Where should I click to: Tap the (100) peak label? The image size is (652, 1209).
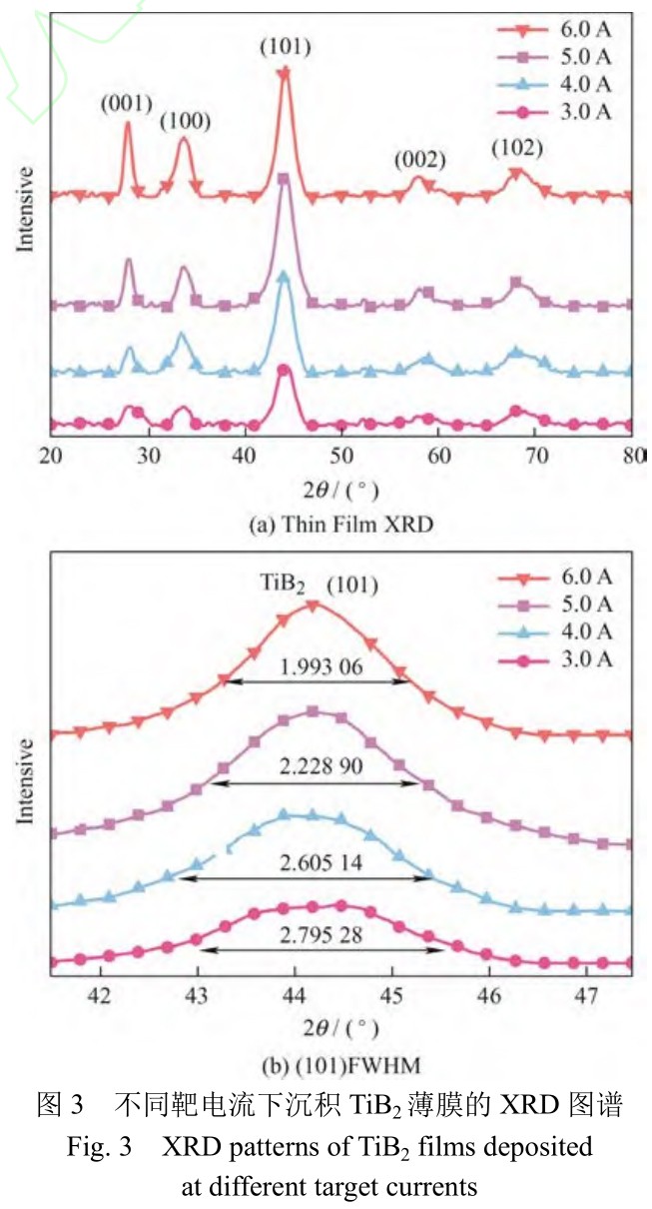(x=186, y=122)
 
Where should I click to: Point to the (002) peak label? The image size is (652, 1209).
(x=418, y=160)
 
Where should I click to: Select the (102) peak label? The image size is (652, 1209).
(x=516, y=148)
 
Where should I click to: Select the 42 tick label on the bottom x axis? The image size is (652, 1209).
(x=99, y=996)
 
